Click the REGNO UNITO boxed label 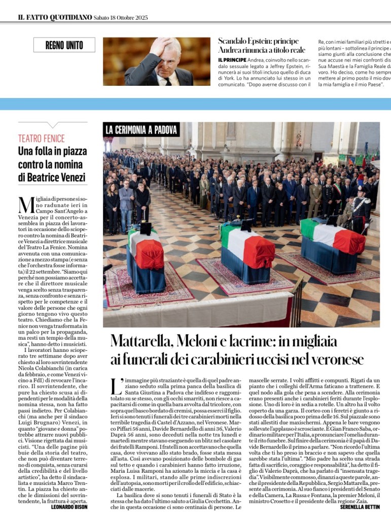click(64, 45)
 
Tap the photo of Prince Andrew click(157, 61)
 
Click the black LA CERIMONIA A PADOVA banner click(141, 129)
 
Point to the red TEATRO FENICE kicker click(42, 138)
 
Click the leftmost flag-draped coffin click(146, 259)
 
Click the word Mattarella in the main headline click(143, 341)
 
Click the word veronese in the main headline click(336, 360)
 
